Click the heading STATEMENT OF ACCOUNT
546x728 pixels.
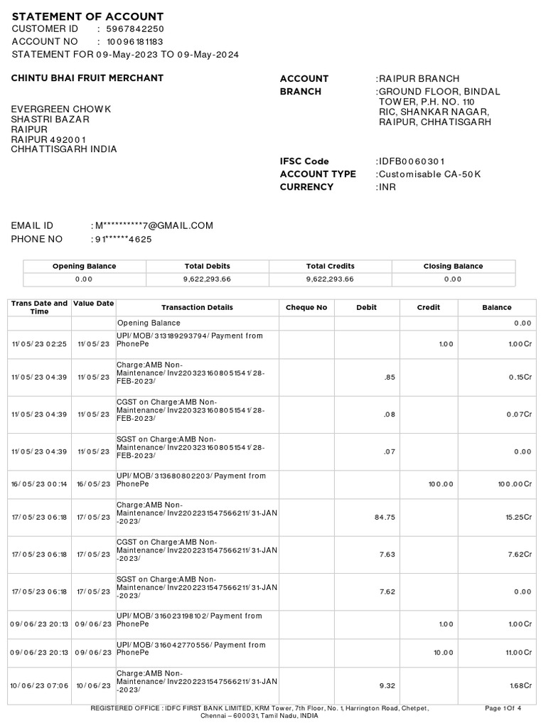tap(87, 16)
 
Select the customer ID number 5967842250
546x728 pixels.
tap(135, 29)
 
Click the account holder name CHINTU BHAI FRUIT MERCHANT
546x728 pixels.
tap(87, 78)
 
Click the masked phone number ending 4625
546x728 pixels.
tap(123, 240)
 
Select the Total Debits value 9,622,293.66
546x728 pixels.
tap(207, 279)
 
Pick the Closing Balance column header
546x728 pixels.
tap(453, 266)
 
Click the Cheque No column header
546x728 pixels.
tap(306, 308)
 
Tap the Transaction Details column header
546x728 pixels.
tap(197, 308)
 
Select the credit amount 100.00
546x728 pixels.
tap(440, 483)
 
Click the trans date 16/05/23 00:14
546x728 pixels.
tap(39, 483)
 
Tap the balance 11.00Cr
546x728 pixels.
tap(518, 652)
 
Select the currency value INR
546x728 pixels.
tap(387, 187)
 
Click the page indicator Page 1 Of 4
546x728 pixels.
tap(503, 708)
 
